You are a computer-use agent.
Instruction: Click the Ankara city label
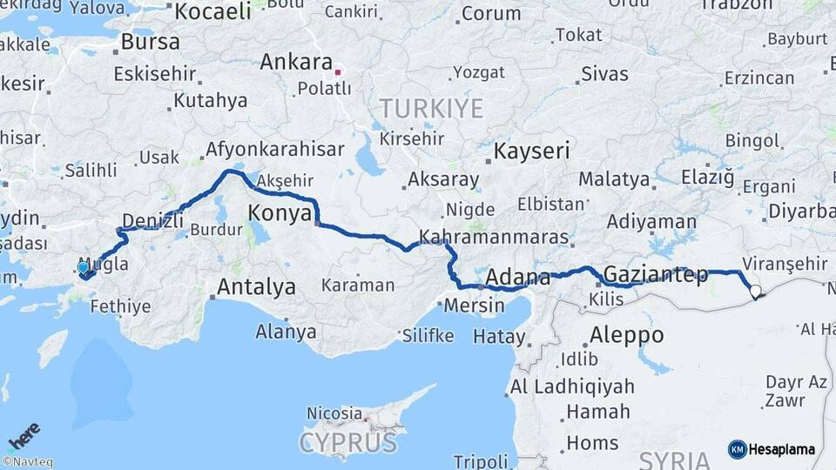tap(296, 63)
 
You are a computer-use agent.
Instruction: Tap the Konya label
tap(280, 212)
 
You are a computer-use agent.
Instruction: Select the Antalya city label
tap(256, 286)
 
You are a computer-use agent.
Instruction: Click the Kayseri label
tap(531, 151)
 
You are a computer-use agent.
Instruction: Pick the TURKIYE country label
tap(430, 109)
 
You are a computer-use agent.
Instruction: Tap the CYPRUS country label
tap(347, 442)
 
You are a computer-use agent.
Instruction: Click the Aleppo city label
tap(626, 335)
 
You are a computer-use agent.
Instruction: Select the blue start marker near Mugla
tap(84, 268)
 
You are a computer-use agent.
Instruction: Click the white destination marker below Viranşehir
tap(755, 292)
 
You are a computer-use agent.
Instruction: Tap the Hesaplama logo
tap(772, 449)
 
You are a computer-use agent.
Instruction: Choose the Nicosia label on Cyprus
tap(334, 413)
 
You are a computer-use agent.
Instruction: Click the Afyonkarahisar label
tap(274, 150)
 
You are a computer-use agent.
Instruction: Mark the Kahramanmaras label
tap(493, 237)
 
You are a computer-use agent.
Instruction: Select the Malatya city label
tap(614, 180)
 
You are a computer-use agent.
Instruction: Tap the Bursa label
tap(150, 42)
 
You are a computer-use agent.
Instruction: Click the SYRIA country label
tap(674, 460)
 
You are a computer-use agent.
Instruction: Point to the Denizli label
tap(153, 220)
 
